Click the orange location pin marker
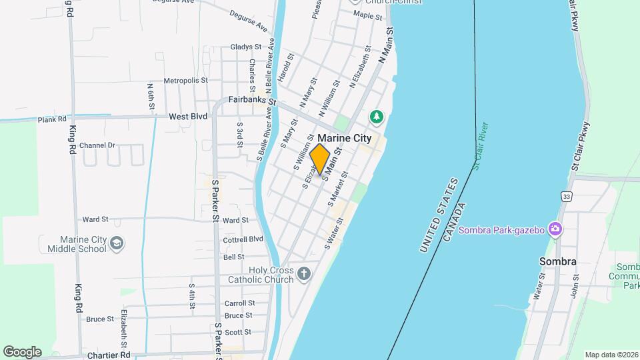[x=320, y=159]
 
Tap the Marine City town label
[x=344, y=138]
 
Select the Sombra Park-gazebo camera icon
[x=555, y=229]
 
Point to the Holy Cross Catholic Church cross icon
[x=304, y=273]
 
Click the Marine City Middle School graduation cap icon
[x=117, y=243]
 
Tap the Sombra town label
[x=558, y=261]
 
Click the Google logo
[x=22, y=352]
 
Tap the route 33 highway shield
[x=566, y=196]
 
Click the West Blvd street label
[x=188, y=116]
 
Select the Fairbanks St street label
[x=252, y=100]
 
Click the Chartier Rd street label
[x=107, y=355]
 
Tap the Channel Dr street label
[x=97, y=145]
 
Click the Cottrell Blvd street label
[x=243, y=239]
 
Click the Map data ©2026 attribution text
[x=611, y=355]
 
